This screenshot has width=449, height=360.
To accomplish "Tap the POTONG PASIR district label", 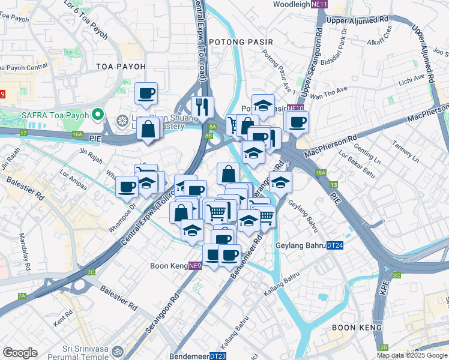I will pos(241,42).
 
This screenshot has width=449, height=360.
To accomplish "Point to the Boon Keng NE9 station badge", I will pos(195,266).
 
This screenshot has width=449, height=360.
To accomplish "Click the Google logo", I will pos(20,353).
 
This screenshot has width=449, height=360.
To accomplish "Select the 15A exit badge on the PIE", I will pos(321,173).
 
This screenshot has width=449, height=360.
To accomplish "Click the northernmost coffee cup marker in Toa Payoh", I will pos(146,94).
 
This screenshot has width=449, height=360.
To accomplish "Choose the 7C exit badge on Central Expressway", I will pos(91,272).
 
